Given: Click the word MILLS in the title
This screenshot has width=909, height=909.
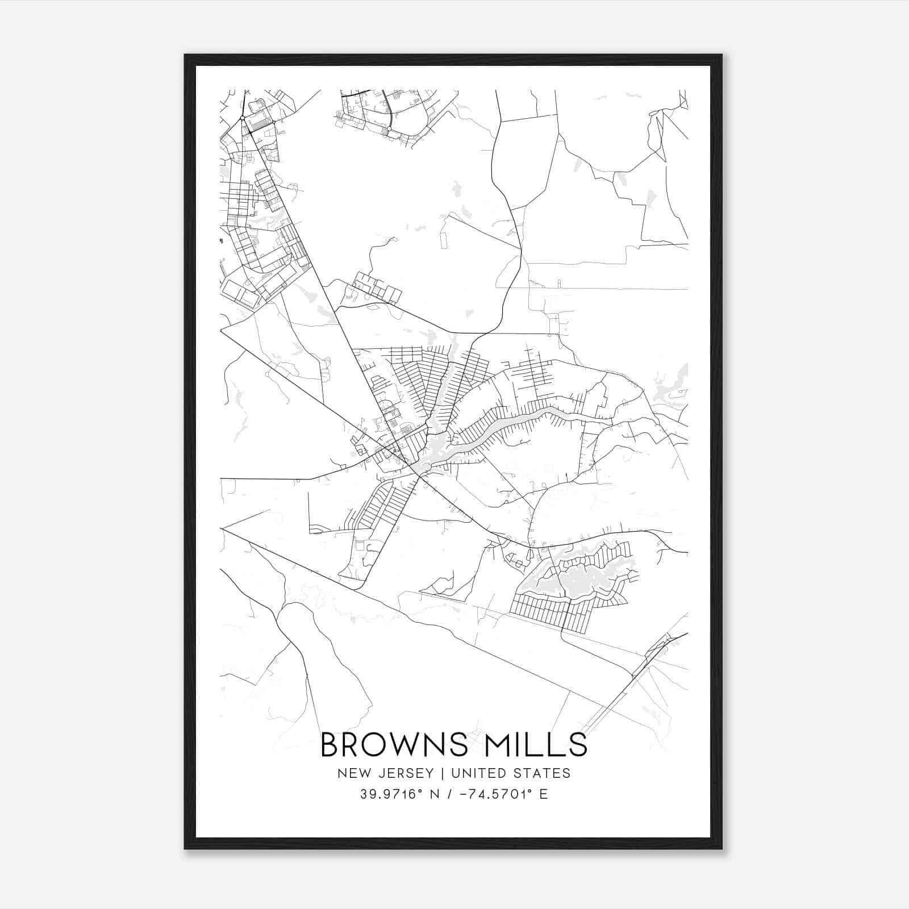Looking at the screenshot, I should [534, 745].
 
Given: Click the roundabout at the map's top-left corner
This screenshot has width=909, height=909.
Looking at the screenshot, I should [242, 118].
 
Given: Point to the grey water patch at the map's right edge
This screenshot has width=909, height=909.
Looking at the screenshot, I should [670, 386].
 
